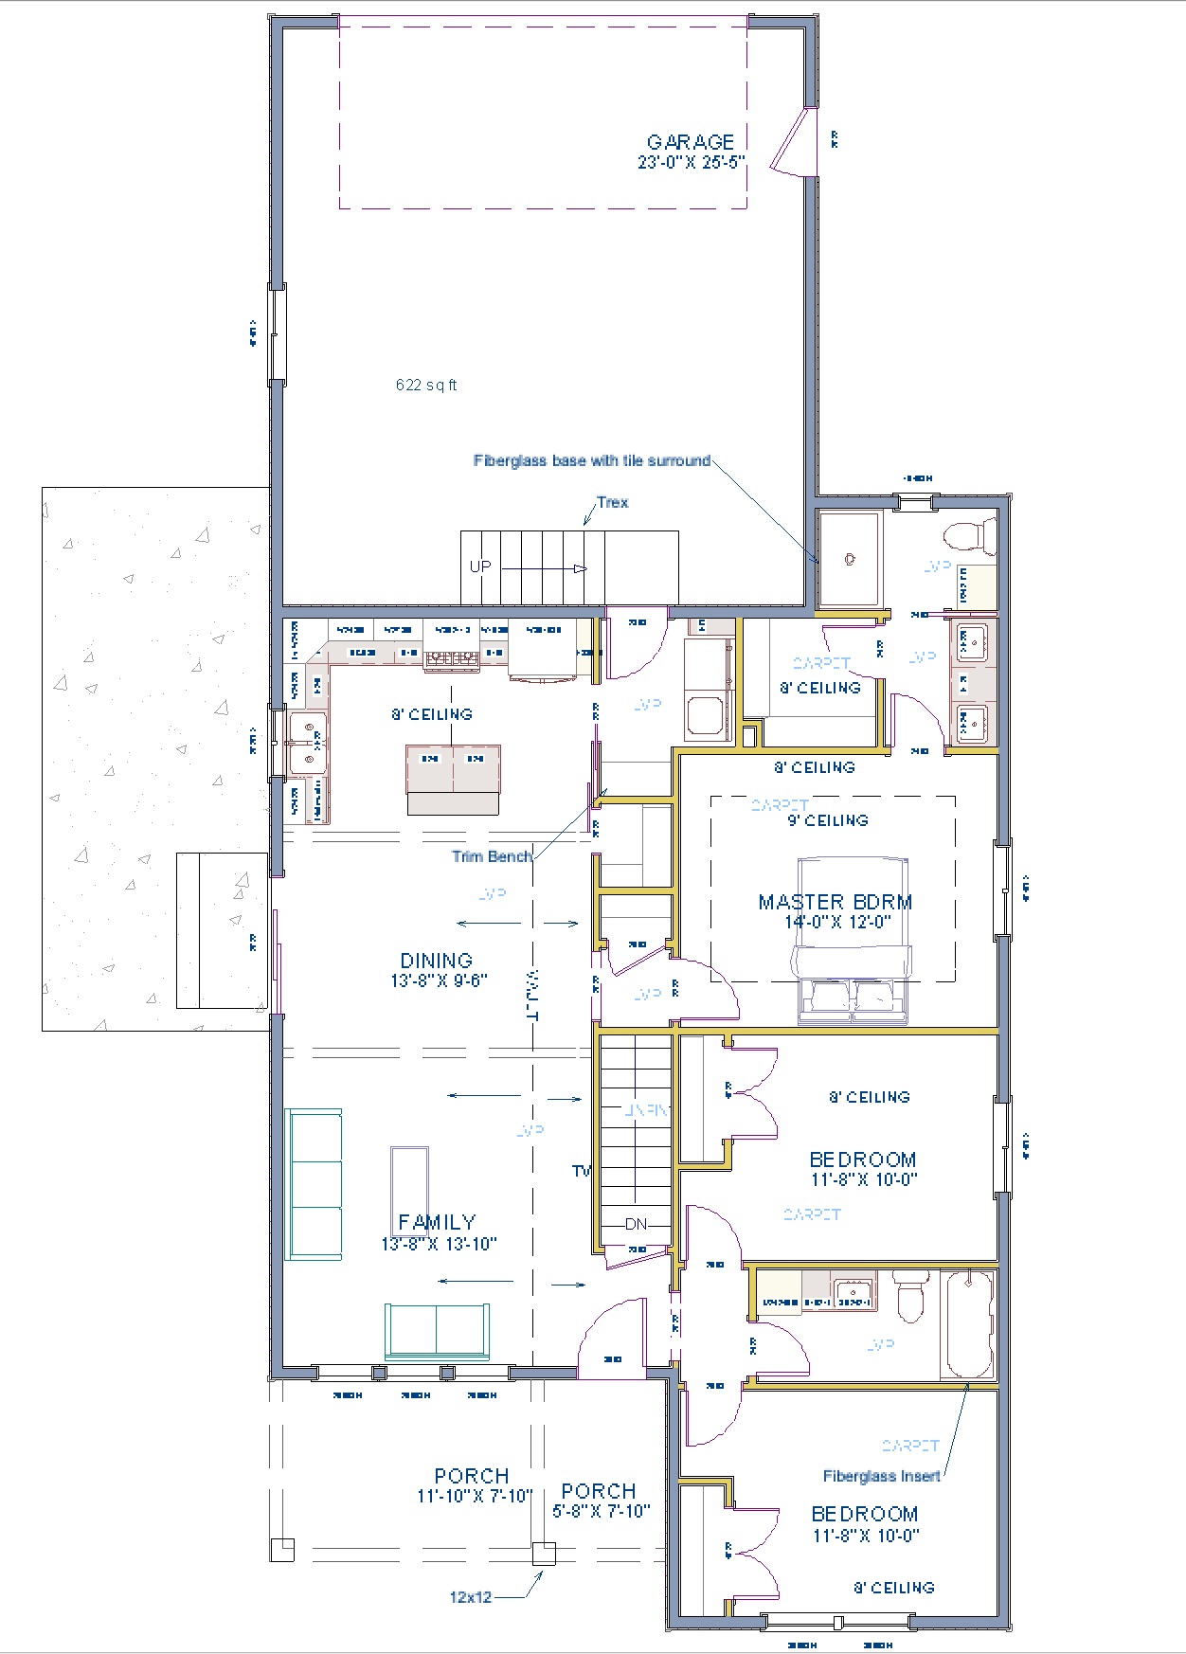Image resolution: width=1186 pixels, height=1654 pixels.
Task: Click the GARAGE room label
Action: [691, 143]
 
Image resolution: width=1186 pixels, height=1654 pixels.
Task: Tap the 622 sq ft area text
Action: [426, 385]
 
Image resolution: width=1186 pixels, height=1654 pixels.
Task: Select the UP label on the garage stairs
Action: [480, 566]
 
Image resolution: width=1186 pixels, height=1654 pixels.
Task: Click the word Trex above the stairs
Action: [612, 502]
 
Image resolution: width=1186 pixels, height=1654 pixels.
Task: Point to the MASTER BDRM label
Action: [835, 902]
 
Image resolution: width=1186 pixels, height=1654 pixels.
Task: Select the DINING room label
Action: [436, 961]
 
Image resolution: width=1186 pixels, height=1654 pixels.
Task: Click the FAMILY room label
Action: [437, 1222]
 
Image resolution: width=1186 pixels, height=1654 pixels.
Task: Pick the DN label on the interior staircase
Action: [636, 1224]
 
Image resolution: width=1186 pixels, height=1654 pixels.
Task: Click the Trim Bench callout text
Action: [492, 856]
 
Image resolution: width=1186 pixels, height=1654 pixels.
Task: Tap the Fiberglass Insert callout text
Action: [881, 1476]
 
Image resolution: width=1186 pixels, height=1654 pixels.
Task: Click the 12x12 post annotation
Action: [471, 1597]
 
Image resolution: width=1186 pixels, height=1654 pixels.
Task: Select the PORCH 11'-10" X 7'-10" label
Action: [472, 1476]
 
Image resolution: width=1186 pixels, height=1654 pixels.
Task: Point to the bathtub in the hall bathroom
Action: [968, 1324]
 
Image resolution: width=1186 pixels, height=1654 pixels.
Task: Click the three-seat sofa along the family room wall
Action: [314, 1184]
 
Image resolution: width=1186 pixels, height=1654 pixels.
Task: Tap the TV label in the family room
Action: [581, 1171]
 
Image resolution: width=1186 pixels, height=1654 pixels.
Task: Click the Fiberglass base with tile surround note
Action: [592, 460]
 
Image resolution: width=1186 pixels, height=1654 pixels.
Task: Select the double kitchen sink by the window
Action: [307, 744]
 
